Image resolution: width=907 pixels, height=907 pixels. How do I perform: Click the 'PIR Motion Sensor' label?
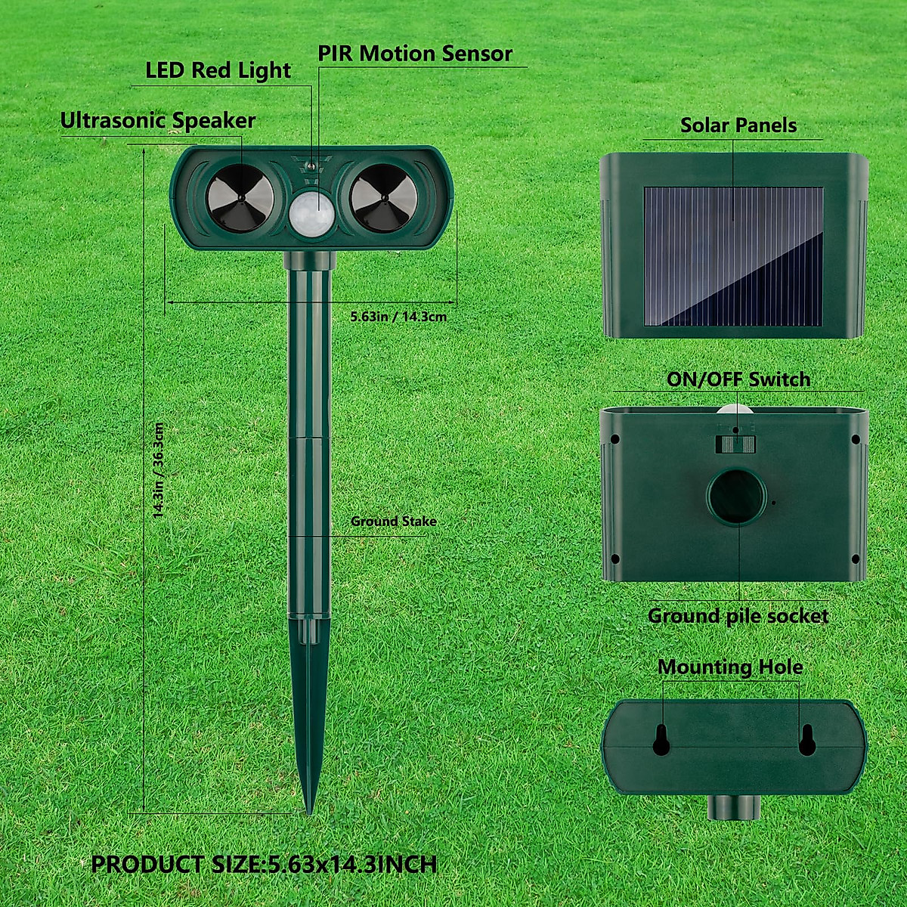point(414,54)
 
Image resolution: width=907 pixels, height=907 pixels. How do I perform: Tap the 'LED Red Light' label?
point(218,70)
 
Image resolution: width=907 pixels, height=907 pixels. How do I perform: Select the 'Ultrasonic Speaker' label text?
point(157,121)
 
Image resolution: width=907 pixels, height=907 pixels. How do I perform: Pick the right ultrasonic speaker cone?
point(383,198)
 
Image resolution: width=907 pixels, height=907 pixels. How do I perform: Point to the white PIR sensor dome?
point(311,212)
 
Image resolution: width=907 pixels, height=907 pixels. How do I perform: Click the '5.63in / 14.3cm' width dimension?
point(398,316)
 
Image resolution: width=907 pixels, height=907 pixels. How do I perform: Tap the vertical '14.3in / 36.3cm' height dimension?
point(159,470)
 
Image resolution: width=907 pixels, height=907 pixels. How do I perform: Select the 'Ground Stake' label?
point(393,522)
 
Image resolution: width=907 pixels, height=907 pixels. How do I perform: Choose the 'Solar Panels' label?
point(738,125)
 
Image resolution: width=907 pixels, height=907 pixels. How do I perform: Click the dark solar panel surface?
point(732,257)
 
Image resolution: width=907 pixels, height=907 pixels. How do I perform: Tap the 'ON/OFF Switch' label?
point(738,379)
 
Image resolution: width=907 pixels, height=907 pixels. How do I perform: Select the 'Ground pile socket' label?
point(738,616)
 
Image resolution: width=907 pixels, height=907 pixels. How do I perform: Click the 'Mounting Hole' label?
point(730,667)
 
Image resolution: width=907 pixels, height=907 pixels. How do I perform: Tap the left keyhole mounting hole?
point(661,741)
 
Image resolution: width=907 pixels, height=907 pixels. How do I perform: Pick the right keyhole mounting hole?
point(807,741)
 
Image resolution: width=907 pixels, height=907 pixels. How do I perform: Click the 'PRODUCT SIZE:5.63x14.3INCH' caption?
point(264,864)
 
